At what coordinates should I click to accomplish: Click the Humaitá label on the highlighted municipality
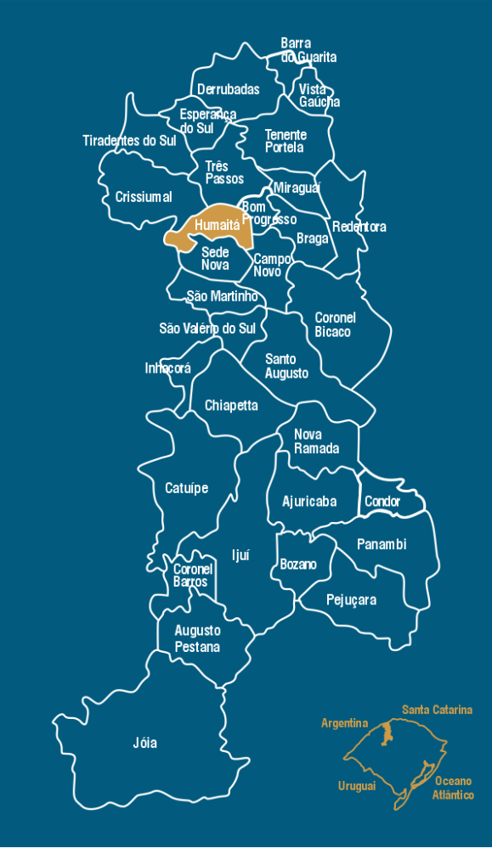(x=218, y=226)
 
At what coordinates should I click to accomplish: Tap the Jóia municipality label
(x=145, y=743)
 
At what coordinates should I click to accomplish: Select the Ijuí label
(x=241, y=555)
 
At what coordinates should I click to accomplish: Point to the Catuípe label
(x=186, y=488)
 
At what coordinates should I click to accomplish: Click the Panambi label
(x=382, y=544)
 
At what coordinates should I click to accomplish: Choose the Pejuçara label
(x=351, y=600)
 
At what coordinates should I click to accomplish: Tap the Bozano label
(x=298, y=564)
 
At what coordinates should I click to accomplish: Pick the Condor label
(x=382, y=502)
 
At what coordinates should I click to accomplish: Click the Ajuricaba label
(x=309, y=502)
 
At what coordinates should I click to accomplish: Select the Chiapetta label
(x=231, y=406)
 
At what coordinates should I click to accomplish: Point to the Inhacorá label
(x=168, y=368)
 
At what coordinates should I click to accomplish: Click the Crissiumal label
(x=144, y=197)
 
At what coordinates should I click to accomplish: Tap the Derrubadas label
(x=229, y=89)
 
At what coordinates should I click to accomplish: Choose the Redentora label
(x=359, y=227)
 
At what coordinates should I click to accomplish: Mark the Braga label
(x=313, y=239)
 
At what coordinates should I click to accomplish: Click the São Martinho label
(x=223, y=296)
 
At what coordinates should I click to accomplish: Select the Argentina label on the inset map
(x=345, y=723)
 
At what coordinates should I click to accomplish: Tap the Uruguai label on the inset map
(x=357, y=786)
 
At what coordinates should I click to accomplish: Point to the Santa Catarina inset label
(x=438, y=710)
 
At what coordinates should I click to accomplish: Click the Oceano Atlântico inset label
(x=453, y=788)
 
